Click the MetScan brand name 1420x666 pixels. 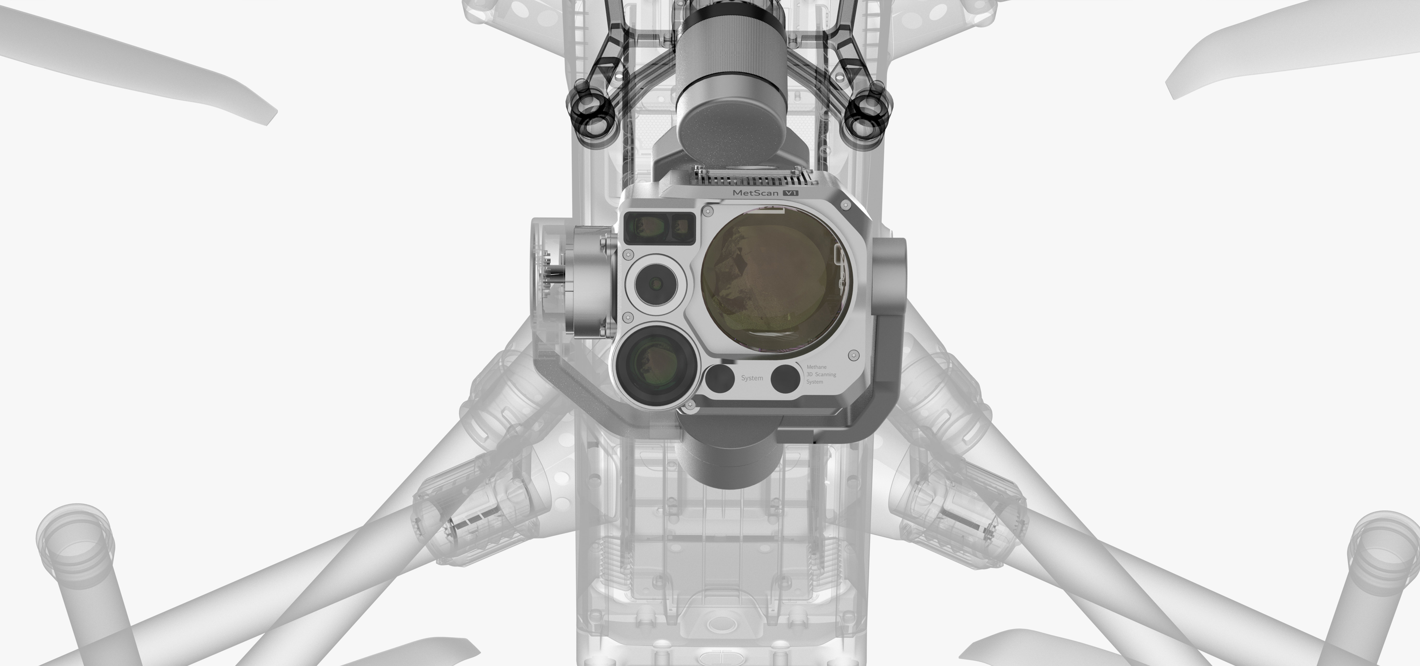[x=756, y=193]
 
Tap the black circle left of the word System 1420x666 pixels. [x=719, y=379]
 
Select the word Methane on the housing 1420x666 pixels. [x=816, y=367]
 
